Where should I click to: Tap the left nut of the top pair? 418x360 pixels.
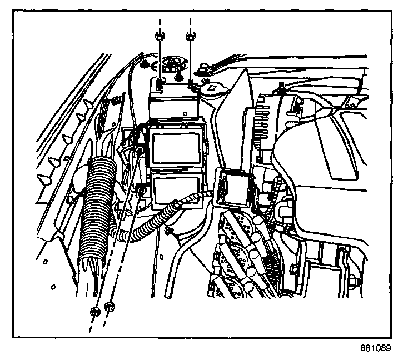pyautogui.click(x=158, y=37)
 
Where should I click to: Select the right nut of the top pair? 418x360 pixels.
pyautogui.click(x=190, y=37)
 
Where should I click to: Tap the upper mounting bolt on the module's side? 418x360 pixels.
pyautogui.click(x=141, y=149)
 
